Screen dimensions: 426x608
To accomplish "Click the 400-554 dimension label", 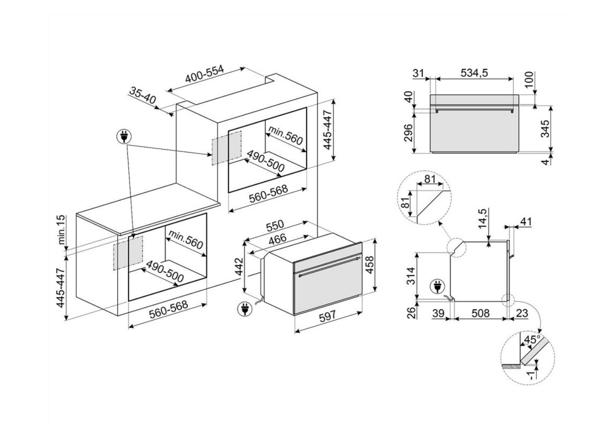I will (x=205, y=76).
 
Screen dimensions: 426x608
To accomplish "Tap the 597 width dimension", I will (x=327, y=316).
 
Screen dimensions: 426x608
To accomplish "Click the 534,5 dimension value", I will (x=474, y=73).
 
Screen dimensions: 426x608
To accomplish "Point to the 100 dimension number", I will (x=529, y=80).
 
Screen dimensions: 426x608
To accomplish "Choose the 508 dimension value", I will (x=481, y=313).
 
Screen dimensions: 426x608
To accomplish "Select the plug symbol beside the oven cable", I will (x=244, y=308).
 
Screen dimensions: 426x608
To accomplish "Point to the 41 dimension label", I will (x=526, y=221).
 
